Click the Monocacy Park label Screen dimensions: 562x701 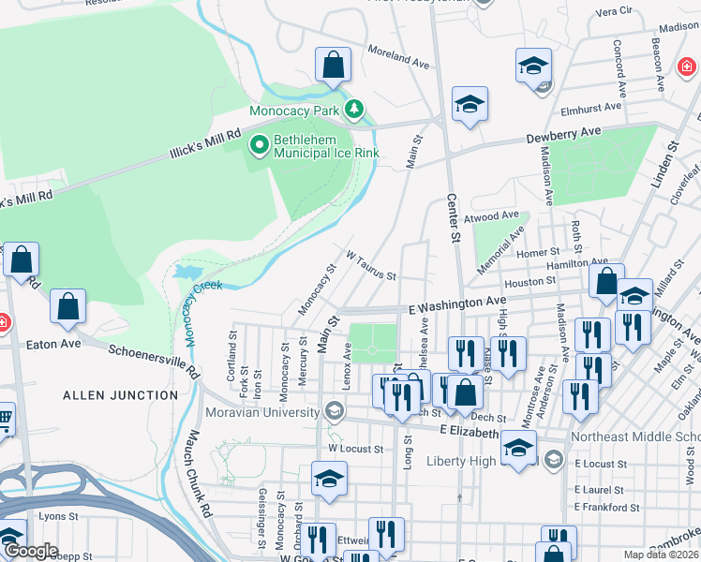(293, 111)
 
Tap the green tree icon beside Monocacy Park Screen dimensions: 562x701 (354, 111)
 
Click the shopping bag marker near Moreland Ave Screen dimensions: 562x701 (333, 66)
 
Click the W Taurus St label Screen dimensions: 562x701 (371, 265)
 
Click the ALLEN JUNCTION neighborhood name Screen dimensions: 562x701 (120, 395)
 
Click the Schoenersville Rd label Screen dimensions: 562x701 (155, 359)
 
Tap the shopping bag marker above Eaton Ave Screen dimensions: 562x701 (67, 306)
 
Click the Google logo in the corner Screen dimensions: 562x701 (31, 551)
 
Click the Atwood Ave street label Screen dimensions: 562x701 (497, 215)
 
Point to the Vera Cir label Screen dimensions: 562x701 (615, 11)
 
